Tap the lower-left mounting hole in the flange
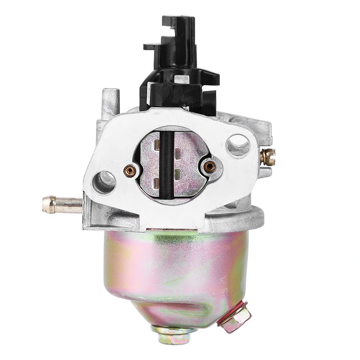104,182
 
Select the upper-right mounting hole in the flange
238,145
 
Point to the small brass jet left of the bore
130,171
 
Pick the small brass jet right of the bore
209,166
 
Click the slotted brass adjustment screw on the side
268,157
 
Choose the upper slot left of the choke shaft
157,145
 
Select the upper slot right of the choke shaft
177,153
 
